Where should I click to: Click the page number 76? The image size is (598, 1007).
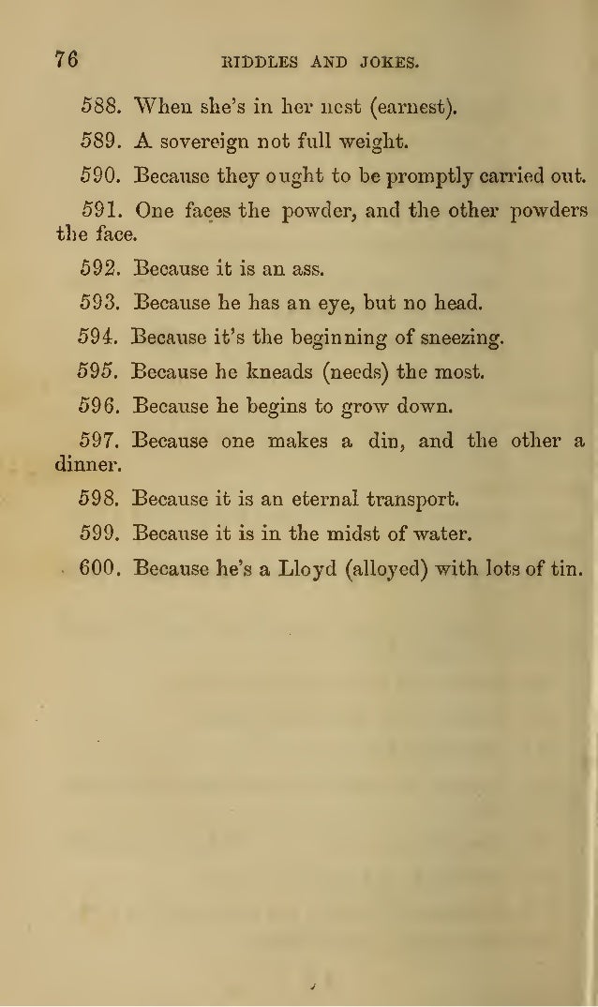pos(65,60)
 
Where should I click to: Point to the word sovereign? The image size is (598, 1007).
pos(202,143)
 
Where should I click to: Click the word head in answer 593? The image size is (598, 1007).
pos(459,303)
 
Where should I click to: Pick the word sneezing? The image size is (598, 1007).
pos(460,338)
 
